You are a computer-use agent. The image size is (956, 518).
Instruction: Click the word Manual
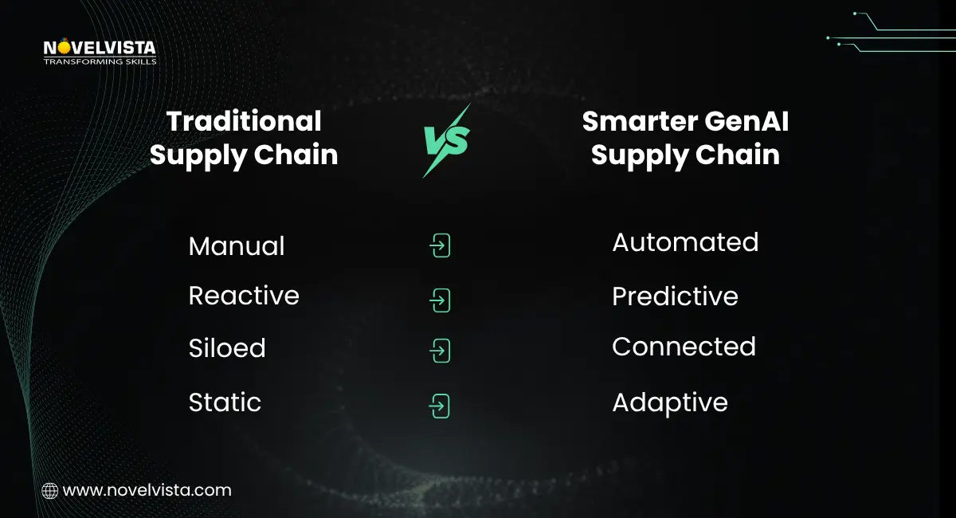pos(237,246)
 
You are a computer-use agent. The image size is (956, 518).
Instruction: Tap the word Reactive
pos(244,296)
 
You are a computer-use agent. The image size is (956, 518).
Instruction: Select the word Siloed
pos(227,348)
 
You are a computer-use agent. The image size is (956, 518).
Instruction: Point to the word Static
pos(225,402)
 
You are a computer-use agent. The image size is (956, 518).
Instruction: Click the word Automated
pos(685,242)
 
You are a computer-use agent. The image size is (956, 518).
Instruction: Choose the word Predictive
pos(675,296)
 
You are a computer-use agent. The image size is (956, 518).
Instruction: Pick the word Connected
pos(684,347)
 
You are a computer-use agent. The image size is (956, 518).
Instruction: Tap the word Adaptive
pos(669,402)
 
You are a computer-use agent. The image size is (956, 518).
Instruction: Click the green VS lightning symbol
pos(446,140)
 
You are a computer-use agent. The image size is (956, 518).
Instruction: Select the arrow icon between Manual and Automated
pos(440,246)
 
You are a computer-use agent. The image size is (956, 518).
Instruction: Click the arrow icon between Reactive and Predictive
pos(440,300)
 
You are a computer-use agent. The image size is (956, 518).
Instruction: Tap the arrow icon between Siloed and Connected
pos(440,351)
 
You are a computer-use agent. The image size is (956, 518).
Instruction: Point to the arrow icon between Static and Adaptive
pos(440,406)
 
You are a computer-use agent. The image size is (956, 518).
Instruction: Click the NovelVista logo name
pos(100,48)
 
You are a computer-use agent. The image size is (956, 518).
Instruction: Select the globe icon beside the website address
pos(49,491)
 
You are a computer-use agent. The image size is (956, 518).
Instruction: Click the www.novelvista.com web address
pos(147,491)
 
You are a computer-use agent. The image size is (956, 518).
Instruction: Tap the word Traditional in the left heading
pos(244,121)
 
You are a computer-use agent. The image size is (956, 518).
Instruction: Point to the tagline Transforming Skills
pos(100,61)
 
